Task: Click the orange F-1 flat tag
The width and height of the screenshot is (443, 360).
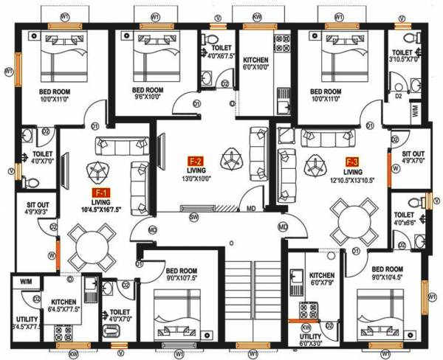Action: point(96,190)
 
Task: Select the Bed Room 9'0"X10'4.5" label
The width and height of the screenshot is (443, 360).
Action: point(387,272)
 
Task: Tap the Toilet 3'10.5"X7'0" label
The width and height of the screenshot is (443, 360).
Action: point(405,57)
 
